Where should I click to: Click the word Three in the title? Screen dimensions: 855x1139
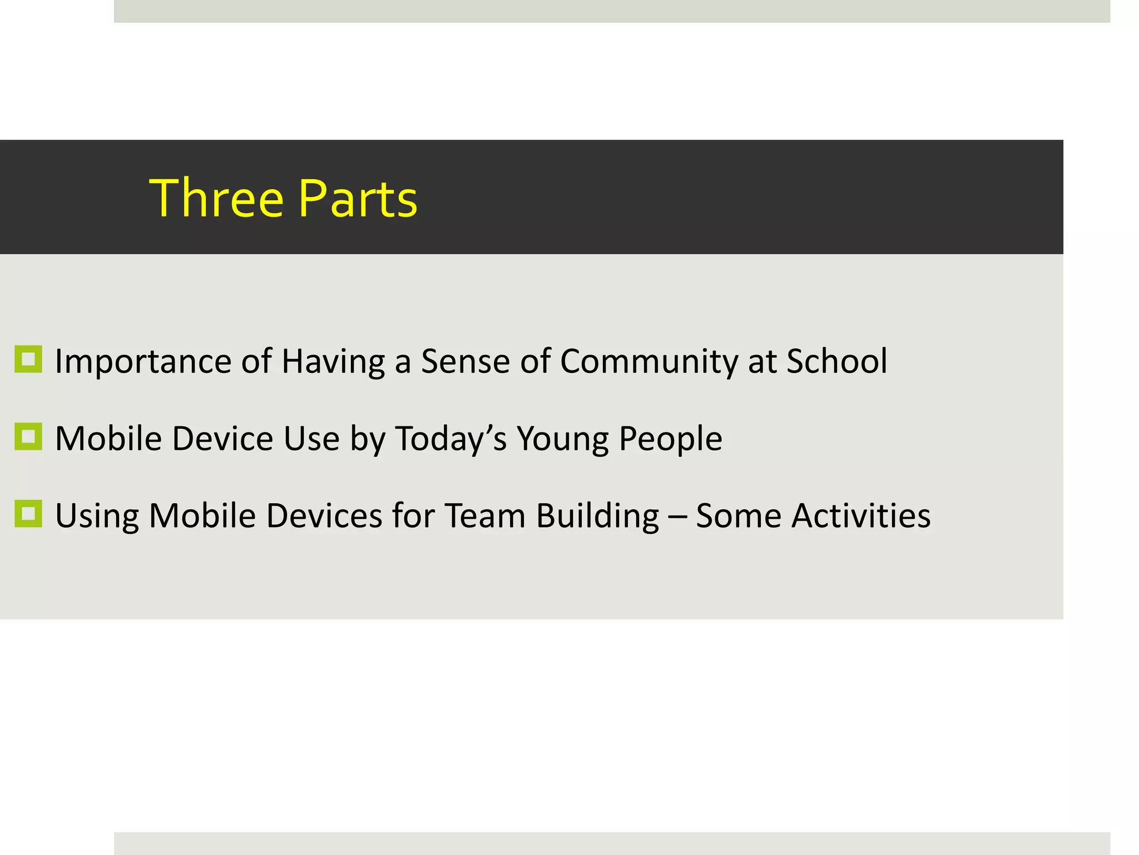[x=216, y=198]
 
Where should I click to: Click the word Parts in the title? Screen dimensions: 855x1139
[x=358, y=198]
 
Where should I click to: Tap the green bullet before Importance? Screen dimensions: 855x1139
[x=28, y=359]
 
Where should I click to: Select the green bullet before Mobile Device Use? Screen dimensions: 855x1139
[x=28, y=436]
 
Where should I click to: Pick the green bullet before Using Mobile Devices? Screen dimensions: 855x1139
[x=28, y=513]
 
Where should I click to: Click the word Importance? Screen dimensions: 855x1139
[x=143, y=362]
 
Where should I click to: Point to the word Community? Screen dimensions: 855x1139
[x=648, y=362]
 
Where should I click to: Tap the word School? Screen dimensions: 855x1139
[x=836, y=361]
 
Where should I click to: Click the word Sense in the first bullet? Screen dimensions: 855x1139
[x=465, y=361]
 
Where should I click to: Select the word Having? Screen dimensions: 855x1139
[x=333, y=362]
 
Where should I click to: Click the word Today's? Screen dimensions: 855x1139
[x=450, y=439]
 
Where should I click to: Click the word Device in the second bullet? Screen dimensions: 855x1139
[x=222, y=438]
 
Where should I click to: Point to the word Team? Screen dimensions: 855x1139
[x=485, y=515]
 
